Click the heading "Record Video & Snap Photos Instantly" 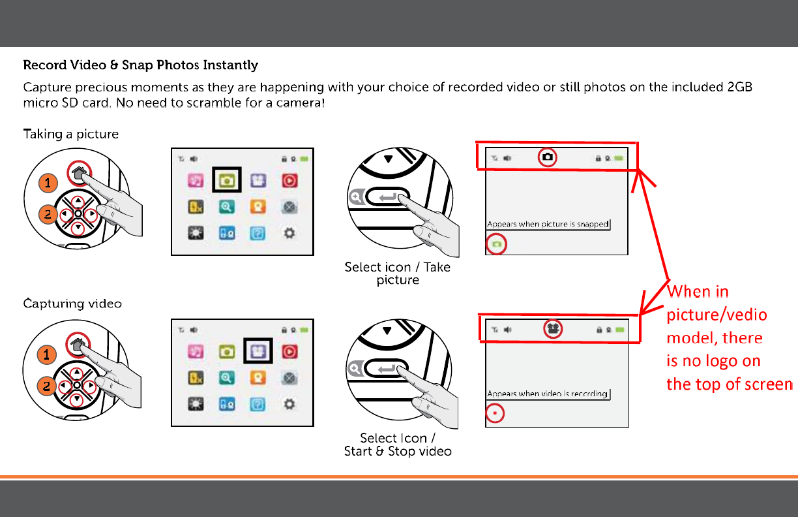(140, 65)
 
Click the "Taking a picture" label (71, 134)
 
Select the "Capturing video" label (72, 304)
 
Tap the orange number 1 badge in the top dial (48, 183)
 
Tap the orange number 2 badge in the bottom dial (47, 386)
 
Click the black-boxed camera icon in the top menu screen (227, 180)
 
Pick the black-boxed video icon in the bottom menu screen (258, 351)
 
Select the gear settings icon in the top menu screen (289, 233)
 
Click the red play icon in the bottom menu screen (289, 352)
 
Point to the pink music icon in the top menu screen (196, 181)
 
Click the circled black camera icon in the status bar (548, 157)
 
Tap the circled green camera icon (496, 244)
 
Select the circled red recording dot (495, 413)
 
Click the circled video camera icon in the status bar (553, 328)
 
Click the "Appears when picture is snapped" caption (548, 224)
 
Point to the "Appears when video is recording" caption (548, 394)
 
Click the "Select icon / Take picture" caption (397, 274)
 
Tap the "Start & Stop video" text (398, 451)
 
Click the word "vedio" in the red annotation (744, 315)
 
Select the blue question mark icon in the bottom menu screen (258, 405)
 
